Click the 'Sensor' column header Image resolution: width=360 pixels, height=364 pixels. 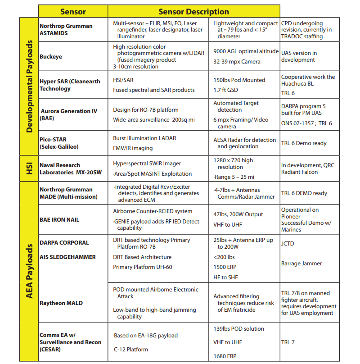point(73,11)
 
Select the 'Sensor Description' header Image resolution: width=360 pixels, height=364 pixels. point(193,11)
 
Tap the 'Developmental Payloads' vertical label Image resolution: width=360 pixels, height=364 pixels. point(29,86)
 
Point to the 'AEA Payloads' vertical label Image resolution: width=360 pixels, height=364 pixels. point(29,272)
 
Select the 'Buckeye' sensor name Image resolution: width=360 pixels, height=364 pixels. point(51,57)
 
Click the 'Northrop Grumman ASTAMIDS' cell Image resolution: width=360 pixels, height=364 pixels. point(66,30)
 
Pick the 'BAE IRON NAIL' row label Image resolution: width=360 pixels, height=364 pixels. point(59,219)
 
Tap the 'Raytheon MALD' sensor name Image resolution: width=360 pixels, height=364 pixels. point(61,303)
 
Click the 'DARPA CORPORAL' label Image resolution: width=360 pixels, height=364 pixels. point(64,242)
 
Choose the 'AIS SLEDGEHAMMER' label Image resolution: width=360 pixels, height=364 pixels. point(67,257)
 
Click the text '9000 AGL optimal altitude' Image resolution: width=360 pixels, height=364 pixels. point(246,51)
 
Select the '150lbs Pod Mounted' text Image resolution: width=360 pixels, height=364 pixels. point(239,80)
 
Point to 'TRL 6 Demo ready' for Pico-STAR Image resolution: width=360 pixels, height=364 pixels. point(304,143)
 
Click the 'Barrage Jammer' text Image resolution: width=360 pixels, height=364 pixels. point(301,264)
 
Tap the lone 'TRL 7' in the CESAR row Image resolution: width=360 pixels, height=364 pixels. point(288,342)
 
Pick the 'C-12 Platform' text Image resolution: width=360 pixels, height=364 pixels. point(131,349)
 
